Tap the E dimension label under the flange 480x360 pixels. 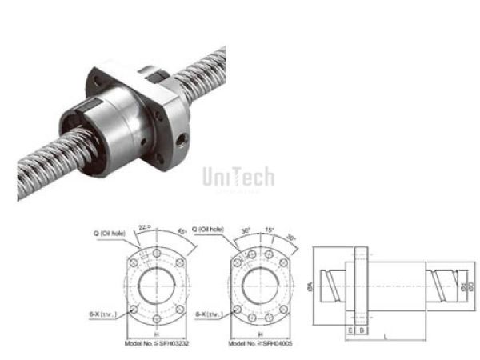(350, 328)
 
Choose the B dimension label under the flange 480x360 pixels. (361, 328)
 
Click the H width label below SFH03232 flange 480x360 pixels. (156, 335)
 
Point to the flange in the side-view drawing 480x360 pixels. (361, 284)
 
